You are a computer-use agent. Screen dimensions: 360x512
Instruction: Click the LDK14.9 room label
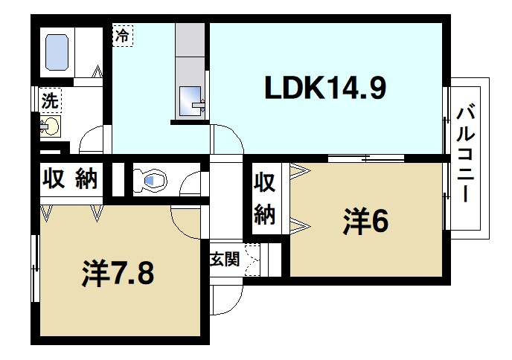tap(325, 89)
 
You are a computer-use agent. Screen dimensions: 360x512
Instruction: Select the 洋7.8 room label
tap(117, 273)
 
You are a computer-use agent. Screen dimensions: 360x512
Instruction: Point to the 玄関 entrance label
tap(223, 260)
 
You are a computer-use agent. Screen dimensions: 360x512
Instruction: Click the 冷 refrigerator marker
tap(122, 34)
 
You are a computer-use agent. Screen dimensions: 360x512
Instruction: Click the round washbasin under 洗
tap(51, 126)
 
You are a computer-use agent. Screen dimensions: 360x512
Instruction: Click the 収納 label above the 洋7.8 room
tap(69, 179)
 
